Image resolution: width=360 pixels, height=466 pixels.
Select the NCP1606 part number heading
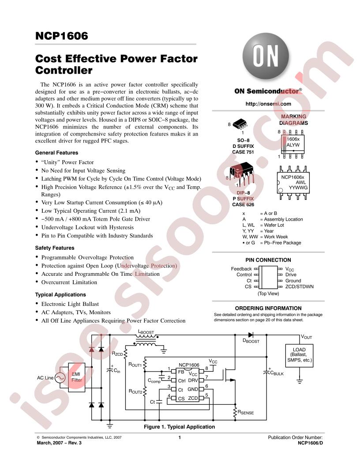61,36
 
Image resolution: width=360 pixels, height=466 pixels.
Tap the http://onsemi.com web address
268,104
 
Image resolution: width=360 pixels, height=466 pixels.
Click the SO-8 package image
240,124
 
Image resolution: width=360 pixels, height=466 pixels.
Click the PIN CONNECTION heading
268,260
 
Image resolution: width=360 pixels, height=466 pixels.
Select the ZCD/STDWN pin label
300,286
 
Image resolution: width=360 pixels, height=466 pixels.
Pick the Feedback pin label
241,269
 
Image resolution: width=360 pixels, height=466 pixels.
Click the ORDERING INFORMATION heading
268,308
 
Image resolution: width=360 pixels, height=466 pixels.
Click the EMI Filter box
77,377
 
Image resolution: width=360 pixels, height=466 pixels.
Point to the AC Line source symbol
60,378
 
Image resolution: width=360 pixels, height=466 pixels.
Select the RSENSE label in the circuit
246,412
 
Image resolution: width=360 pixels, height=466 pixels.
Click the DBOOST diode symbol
251,335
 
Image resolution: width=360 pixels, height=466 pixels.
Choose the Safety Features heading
55,248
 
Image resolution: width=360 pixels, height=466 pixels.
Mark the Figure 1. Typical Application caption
180,427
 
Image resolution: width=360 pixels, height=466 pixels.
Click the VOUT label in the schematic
307,337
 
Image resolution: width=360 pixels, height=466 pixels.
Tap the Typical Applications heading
60,294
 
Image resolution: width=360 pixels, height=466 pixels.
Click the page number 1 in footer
180,437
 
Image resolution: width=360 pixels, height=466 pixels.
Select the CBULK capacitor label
277,373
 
